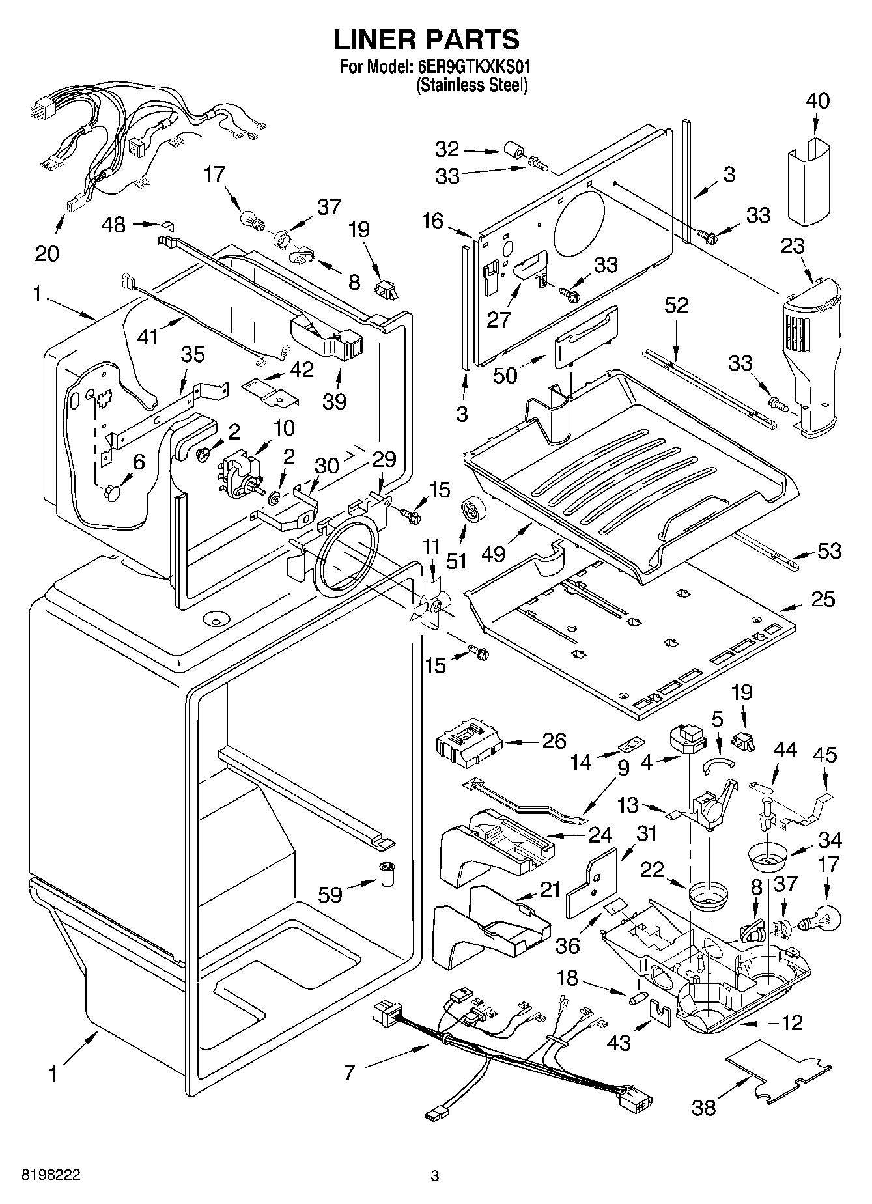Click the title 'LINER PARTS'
(427, 40)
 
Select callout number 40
(818, 101)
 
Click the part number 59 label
(330, 895)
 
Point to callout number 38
(704, 1107)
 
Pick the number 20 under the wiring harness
(47, 253)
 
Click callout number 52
(677, 305)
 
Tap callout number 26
(554, 741)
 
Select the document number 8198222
(51, 1175)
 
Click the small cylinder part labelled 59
(388, 873)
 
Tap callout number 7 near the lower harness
(350, 1072)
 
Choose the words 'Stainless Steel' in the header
(472, 85)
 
